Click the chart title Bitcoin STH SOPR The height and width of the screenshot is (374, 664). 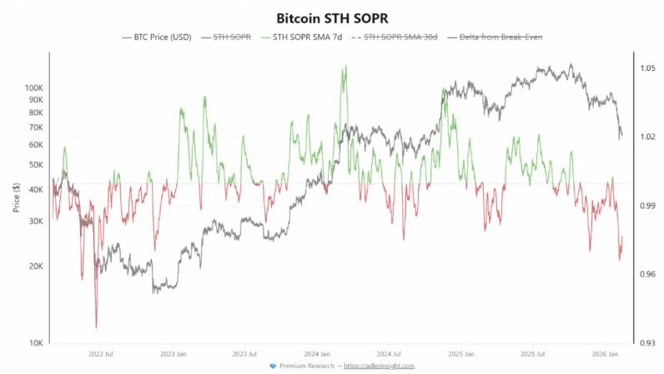tap(332, 17)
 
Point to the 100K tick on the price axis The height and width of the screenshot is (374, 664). tap(34, 88)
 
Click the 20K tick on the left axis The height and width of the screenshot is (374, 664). tap(36, 266)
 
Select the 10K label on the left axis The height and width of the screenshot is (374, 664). tap(36, 343)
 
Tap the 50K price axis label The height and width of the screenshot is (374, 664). tap(36, 164)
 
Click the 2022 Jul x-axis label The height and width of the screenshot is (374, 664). tap(101, 354)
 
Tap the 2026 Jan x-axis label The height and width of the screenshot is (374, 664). tap(606, 354)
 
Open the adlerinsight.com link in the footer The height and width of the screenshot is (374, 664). tap(380, 366)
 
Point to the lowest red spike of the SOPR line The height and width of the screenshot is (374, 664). tap(96, 327)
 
